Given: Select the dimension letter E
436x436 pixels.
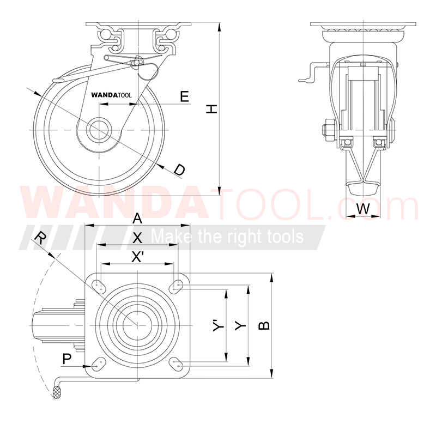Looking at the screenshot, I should pyautogui.click(x=184, y=96).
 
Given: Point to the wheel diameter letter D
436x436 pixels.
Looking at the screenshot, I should pyautogui.click(x=179, y=169).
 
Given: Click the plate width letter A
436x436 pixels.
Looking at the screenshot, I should pyautogui.click(x=138, y=218).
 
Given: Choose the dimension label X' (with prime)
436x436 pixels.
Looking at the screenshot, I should pyautogui.click(x=138, y=256).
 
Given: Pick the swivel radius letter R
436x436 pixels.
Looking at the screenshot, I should pyautogui.click(x=40, y=237).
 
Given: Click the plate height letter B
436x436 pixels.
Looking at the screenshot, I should pyautogui.click(x=263, y=325).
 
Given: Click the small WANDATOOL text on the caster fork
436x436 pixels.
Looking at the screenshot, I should pyautogui.click(x=112, y=94).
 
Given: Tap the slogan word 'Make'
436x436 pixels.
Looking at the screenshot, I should pyautogui.click(x=166, y=237).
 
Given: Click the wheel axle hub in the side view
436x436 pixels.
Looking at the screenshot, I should pyautogui.click(x=99, y=130).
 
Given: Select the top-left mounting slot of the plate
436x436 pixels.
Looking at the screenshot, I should pyautogui.click(x=99, y=285).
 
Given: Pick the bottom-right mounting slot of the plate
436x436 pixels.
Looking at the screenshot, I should pyautogui.click(x=177, y=364).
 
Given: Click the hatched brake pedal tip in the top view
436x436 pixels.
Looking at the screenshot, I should pyautogui.click(x=56, y=391).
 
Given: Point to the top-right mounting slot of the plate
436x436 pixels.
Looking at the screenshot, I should pyautogui.click(x=177, y=285).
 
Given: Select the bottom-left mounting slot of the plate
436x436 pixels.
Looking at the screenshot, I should pyautogui.click(x=99, y=364).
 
